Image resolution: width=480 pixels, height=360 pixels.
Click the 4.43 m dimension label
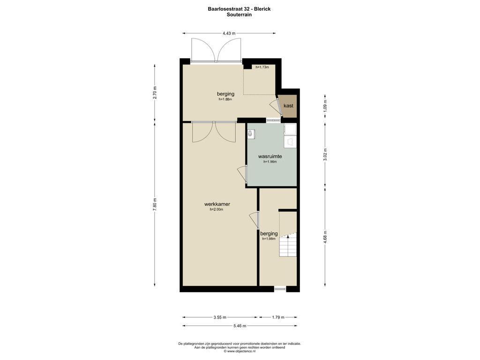click(229, 33)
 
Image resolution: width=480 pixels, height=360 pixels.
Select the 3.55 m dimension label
click(220, 317)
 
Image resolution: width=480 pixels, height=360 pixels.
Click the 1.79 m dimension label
click(278, 317)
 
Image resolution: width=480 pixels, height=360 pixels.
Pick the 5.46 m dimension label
click(240, 326)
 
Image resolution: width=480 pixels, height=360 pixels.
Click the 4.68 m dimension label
click(325, 237)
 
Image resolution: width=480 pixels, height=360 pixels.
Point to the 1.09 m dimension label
click(325, 106)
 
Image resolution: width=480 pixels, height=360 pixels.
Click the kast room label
click(288, 105)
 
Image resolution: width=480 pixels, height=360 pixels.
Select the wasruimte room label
click(270, 157)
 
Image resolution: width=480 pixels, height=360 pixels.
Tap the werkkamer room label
click(217, 204)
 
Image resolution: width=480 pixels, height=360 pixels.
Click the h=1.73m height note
click(262, 67)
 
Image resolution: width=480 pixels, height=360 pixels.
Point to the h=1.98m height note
click(269, 239)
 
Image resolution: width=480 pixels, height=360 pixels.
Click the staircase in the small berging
click(288, 245)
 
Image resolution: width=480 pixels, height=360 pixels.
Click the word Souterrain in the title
click(240, 15)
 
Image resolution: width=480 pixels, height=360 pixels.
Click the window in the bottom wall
click(279, 288)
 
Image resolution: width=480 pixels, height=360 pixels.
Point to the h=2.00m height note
click(217, 210)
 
